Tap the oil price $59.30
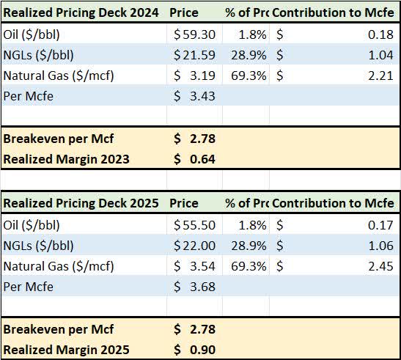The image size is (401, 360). [x=194, y=34]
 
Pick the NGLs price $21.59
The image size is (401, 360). [x=194, y=55]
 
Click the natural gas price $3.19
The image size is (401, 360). [x=194, y=76]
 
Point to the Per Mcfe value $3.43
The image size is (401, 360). [x=194, y=96]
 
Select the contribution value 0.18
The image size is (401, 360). [x=381, y=34]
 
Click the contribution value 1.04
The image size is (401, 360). [x=381, y=55]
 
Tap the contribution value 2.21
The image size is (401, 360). [x=381, y=76]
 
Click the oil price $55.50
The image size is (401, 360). [x=194, y=224]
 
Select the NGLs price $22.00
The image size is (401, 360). [x=194, y=245]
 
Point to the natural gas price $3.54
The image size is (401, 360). [x=194, y=265]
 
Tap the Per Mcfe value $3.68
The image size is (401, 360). [x=194, y=286]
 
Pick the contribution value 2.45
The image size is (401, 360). [x=381, y=265]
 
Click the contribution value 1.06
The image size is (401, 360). [x=381, y=245]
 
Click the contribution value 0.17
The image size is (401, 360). [x=381, y=224]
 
